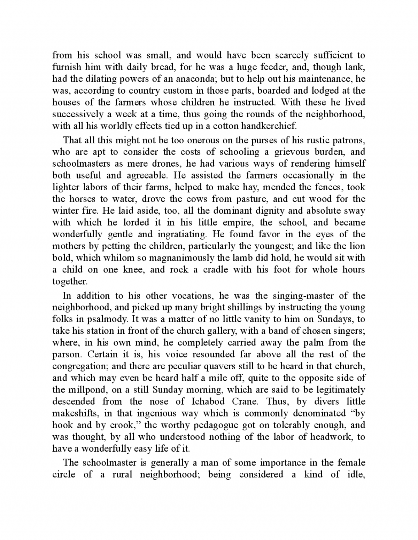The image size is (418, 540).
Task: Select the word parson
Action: coord(66,355)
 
